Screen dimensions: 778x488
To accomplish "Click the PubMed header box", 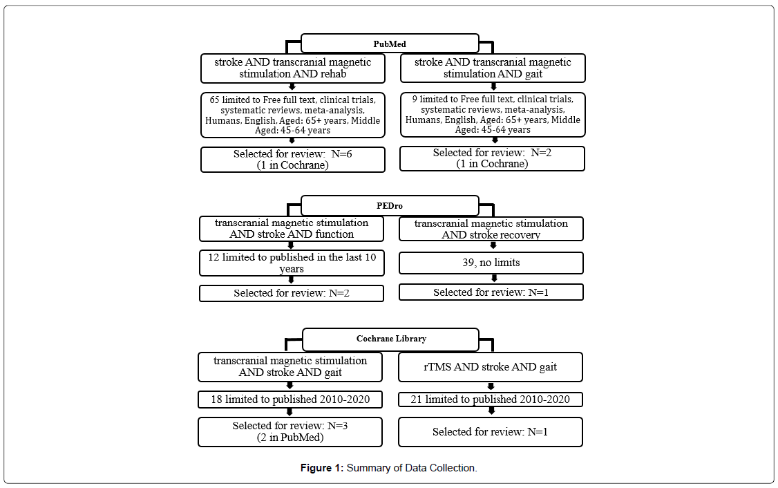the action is tap(390, 44).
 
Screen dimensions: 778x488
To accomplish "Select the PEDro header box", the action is tap(390, 205).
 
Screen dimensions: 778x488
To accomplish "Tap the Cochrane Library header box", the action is tap(390, 339).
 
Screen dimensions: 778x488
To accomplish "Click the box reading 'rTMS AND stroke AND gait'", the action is tap(490, 367).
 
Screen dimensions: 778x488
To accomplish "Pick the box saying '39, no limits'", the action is tap(491, 263).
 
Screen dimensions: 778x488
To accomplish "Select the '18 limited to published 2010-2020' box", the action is tap(290, 400).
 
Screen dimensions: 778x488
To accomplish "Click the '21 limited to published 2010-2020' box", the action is tap(490, 400).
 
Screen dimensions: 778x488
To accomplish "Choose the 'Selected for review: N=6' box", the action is tap(293, 160).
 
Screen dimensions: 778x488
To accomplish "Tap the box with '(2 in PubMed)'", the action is tap(290, 432).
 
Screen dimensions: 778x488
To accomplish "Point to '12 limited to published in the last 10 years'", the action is tap(292, 263).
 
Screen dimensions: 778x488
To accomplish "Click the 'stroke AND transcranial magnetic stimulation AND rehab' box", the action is tap(293, 68).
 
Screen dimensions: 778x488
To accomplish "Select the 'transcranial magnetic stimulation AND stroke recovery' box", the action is tap(491, 229).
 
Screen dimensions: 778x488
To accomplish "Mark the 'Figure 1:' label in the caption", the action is tap(321, 468).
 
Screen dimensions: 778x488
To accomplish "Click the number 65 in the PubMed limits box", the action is tap(214, 100).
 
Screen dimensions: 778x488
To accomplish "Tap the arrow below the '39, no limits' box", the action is tap(494, 279).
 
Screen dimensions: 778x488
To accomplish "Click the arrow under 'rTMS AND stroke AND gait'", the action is tap(491, 386).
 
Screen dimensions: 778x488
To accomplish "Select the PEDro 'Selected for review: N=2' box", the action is tap(292, 293).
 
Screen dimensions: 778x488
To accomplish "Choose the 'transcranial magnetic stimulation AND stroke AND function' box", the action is tap(292, 229).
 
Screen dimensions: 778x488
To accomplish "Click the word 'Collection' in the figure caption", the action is tap(452, 468).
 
